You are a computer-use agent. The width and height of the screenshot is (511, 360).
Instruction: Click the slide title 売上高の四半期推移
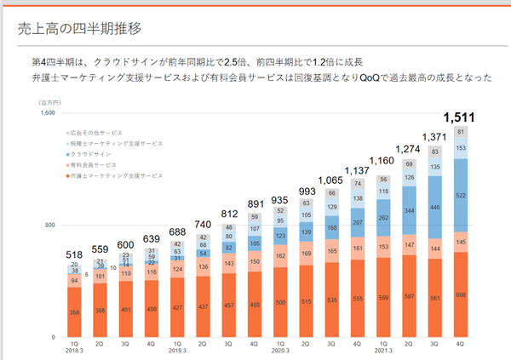tap(78, 27)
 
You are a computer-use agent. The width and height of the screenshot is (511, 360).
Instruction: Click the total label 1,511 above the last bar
tap(461, 117)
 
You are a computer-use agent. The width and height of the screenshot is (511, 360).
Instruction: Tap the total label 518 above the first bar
tap(74, 254)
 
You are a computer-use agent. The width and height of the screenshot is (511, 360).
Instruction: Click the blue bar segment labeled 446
tap(435, 205)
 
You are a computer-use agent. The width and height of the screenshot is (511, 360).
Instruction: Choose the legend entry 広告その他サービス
tap(99, 134)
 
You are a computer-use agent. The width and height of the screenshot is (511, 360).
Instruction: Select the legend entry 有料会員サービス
tap(95, 164)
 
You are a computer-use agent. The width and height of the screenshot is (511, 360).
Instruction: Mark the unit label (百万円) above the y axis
tap(47, 102)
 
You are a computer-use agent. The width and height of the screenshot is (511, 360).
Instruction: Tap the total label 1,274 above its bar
tap(409, 148)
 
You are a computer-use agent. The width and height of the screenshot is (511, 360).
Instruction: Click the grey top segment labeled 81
tap(461, 132)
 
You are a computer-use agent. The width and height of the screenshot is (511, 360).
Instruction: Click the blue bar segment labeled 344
tap(410, 209)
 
